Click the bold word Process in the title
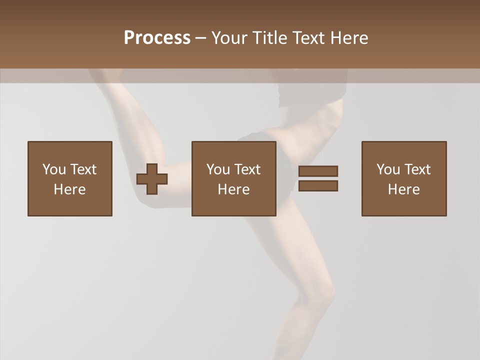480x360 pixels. tap(157, 38)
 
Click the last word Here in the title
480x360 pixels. tap(350, 38)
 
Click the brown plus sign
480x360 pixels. tap(152, 179)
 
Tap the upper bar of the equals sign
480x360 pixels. tap(318, 171)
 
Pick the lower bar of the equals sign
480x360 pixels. tap(318, 185)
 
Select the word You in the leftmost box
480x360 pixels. tap(54, 169)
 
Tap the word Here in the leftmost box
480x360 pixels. tap(69, 189)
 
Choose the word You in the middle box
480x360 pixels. tap(218, 169)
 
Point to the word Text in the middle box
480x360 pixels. tap(247, 169)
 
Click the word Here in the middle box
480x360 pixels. tap(233, 189)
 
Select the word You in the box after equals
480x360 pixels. tap(388, 169)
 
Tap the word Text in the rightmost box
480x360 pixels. tap(417, 169)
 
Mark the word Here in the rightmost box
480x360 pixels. tap(403, 189)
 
